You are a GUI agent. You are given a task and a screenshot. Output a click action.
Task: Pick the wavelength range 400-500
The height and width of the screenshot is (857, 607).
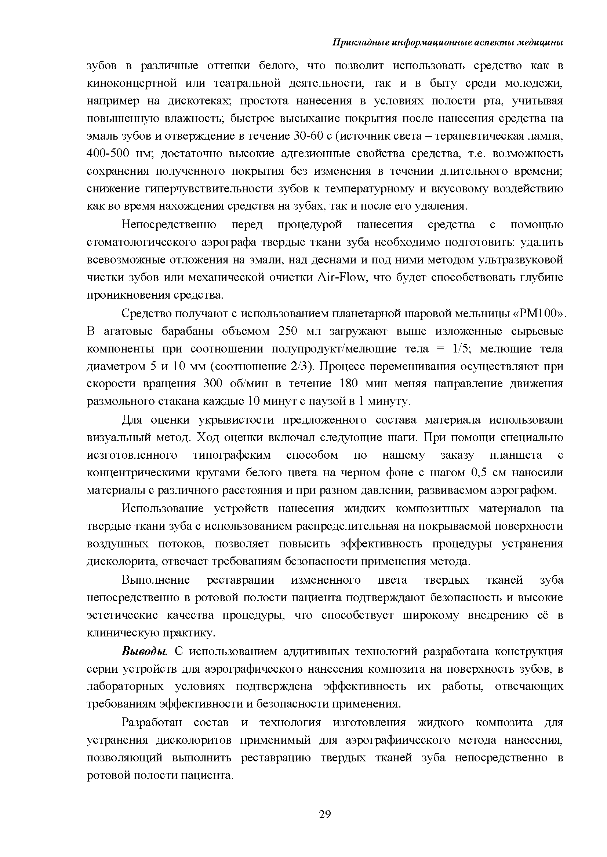[x=108, y=154]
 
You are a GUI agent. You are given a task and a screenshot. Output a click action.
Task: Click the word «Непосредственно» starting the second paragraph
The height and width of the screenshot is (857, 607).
[x=169, y=225]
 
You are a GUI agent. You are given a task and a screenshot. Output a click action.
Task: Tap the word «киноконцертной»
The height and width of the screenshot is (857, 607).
[x=132, y=83]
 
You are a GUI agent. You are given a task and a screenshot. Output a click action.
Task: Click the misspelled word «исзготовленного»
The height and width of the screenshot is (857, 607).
[x=132, y=455]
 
